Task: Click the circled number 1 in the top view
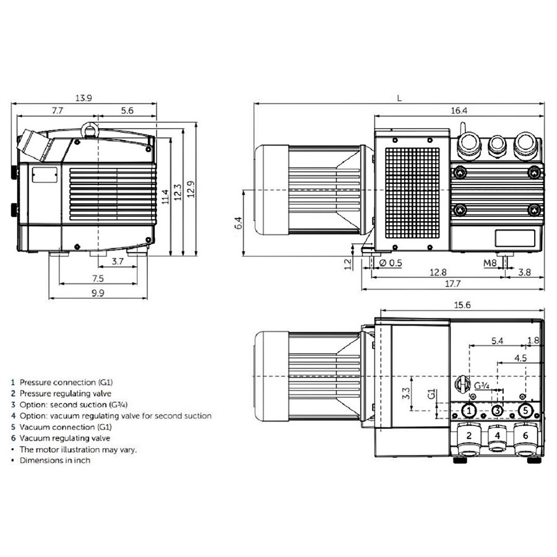(469, 410)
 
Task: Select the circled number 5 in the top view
(525, 410)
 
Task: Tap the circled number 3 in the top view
(497, 410)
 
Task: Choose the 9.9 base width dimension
(98, 293)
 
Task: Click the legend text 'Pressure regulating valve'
(65, 393)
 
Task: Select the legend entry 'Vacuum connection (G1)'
(64, 427)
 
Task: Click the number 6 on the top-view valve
(525, 436)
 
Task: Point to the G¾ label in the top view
(482, 386)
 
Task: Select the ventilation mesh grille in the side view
(412, 192)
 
